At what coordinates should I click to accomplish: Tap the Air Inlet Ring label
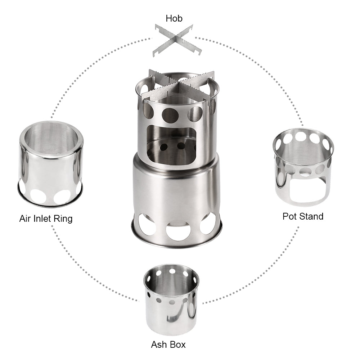click(x=46, y=218)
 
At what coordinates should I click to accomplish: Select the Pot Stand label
click(x=303, y=216)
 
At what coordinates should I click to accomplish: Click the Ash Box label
click(x=168, y=345)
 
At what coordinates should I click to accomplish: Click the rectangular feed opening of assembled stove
click(x=172, y=142)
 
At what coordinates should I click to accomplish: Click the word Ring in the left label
click(x=63, y=219)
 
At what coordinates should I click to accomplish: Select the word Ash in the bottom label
click(x=159, y=345)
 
